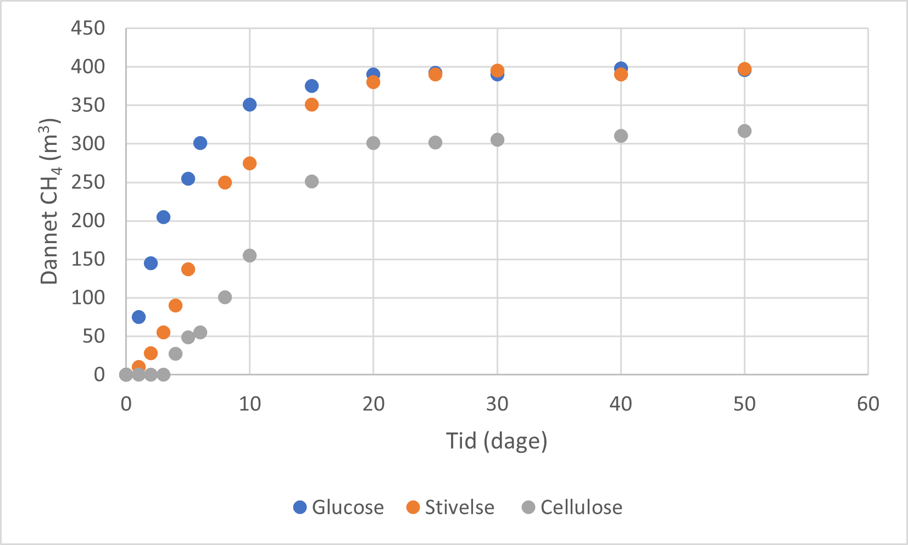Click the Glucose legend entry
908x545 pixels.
click(339, 507)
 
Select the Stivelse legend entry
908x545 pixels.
click(450, 507)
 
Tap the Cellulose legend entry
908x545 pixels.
click(572, 507)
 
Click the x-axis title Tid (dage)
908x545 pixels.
click(497, 441)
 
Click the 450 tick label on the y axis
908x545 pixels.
click(88, 28)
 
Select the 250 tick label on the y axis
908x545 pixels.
click(88, 182)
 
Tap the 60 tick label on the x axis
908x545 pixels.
click(868, 404)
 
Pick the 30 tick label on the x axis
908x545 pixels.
click(497, 404)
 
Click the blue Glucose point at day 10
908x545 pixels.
click(249, 105)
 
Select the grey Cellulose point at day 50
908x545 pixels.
click(744, 131)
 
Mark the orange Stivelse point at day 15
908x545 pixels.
click(311, 105)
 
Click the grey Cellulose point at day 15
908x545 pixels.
click(311, 182)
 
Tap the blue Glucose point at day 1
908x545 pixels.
click(138, 317)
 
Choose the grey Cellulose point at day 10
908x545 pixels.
click(249, 255)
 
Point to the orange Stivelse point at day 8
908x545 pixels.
click(225, 182)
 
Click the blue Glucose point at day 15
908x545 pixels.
click(311, 86)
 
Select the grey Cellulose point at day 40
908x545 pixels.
click(621, 136)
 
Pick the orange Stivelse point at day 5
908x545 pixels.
click(188, 269)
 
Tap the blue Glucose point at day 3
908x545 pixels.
click(163, 217)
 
